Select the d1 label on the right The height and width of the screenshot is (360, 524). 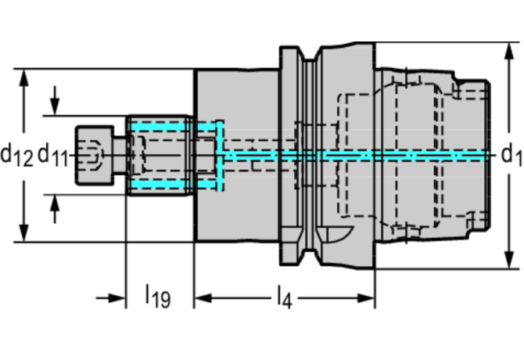511,155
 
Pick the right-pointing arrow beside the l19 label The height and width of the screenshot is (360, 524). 117,298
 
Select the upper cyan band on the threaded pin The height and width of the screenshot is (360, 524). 160,126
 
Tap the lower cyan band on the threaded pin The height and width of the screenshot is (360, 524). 160,184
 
